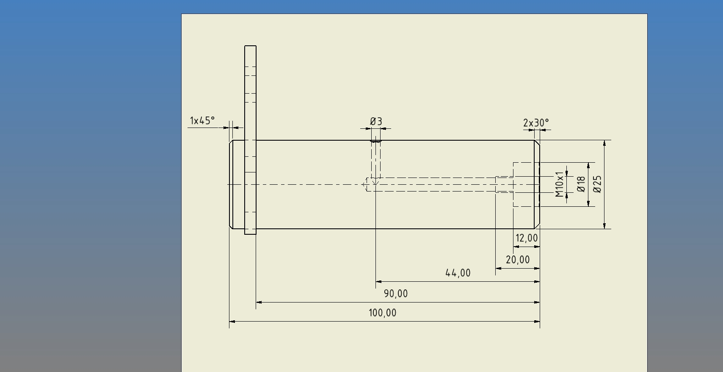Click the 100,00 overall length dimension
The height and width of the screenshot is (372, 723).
click(383, 313)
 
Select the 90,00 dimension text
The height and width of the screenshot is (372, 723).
click(396, 294)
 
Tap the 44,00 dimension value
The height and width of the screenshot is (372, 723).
click(458, 273)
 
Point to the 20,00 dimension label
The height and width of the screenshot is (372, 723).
click(518, 260)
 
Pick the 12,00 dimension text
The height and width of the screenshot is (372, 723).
click(527, 238)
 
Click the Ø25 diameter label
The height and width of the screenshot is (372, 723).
click(597, 184)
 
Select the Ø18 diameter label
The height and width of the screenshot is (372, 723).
click(581, 184)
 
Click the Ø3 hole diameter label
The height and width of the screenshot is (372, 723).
click(376, 122)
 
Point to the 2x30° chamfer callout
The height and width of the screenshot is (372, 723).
click(536, 123)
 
